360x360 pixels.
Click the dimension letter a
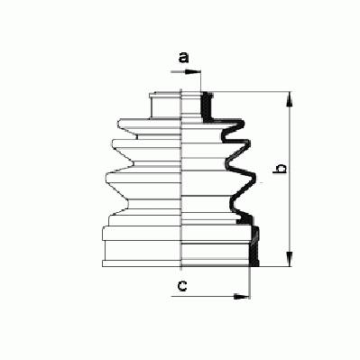[x=183, y=58]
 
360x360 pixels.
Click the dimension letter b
[x=280, y=169]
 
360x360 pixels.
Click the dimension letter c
[x=182, y=285]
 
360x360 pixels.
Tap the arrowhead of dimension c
[x=242, y=297]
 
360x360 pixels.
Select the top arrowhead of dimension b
[x=289, y=99]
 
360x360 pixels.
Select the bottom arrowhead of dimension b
[x=289, y=259]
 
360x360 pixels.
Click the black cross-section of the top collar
[x=207, y=106]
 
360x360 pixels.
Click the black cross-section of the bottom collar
[x=254, y=246]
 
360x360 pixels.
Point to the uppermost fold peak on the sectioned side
[x=242, y=123]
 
